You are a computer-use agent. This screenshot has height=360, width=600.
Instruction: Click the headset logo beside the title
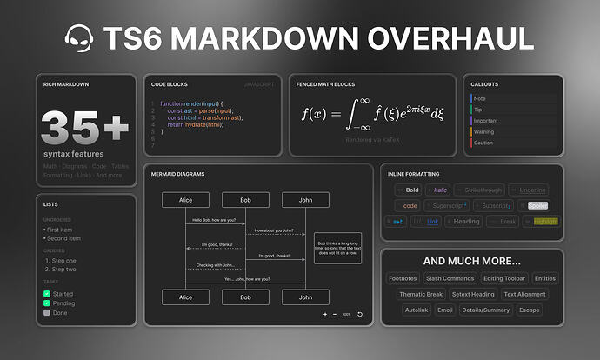coord(80,39)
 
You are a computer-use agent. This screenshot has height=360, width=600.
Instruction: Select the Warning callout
coord(484,131)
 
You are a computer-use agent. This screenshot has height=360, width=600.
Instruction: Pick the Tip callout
coord(478,110)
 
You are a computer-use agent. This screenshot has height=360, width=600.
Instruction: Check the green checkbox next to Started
coord(47,294)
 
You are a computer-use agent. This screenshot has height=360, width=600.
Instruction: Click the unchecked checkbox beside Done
coord(47,312)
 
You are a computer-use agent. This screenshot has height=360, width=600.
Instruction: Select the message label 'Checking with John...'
coord(216,264)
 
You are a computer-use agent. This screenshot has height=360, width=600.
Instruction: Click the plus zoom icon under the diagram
coord(325,314)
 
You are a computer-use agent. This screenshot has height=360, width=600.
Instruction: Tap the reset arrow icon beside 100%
coord(360,314)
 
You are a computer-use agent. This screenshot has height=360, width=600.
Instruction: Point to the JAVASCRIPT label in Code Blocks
coord(260,85)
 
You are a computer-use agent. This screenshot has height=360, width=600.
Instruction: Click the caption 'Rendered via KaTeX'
coord(371,139)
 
